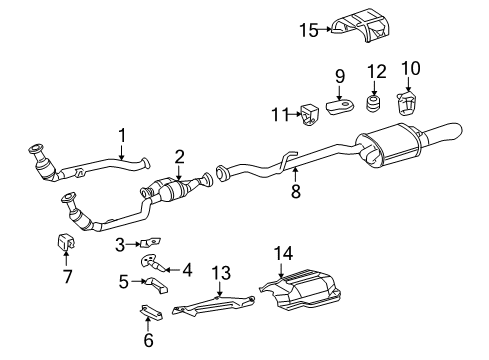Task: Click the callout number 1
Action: coord(121,134)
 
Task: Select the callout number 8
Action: coord(295,191)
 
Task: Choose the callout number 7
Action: coord(68,277)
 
